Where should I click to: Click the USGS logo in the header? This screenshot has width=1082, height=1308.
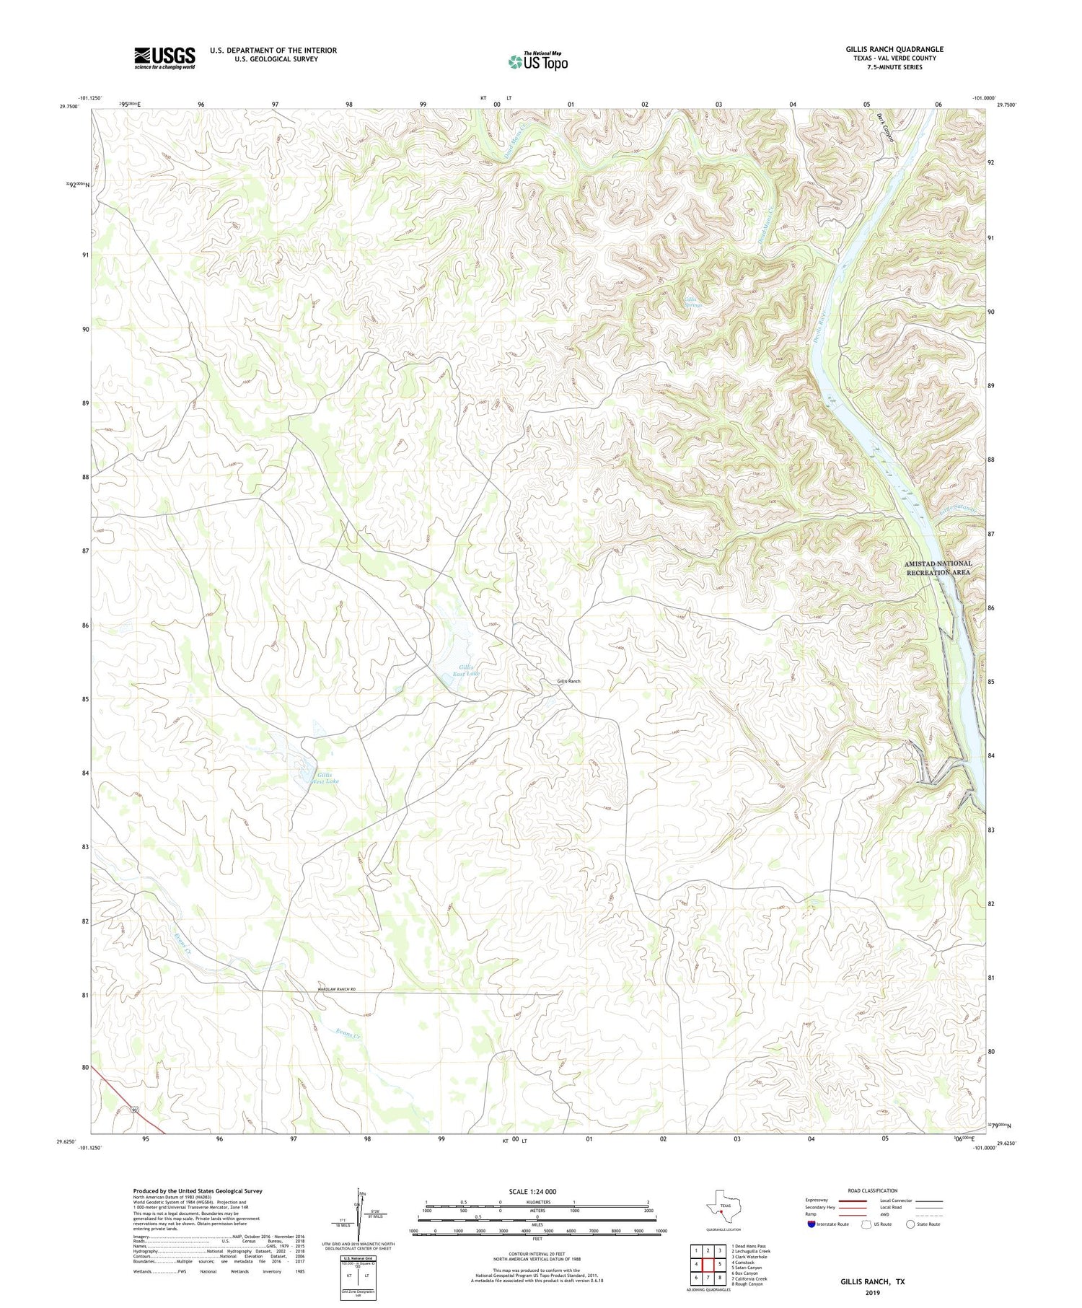coord(164,58)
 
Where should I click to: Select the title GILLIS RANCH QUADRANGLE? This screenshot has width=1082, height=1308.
coord(894,49)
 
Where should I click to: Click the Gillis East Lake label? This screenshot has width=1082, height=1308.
coord(466,670)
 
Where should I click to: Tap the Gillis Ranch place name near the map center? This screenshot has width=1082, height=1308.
coord(568,681)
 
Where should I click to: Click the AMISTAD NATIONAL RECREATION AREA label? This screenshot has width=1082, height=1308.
coord(938,568)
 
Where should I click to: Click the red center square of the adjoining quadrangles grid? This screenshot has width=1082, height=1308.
coord(708,1264)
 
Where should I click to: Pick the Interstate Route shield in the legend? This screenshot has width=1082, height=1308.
coord(811,1224)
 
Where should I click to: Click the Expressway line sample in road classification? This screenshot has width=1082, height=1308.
coord(852,1201)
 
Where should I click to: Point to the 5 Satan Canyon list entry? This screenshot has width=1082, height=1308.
coord(746,1267)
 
